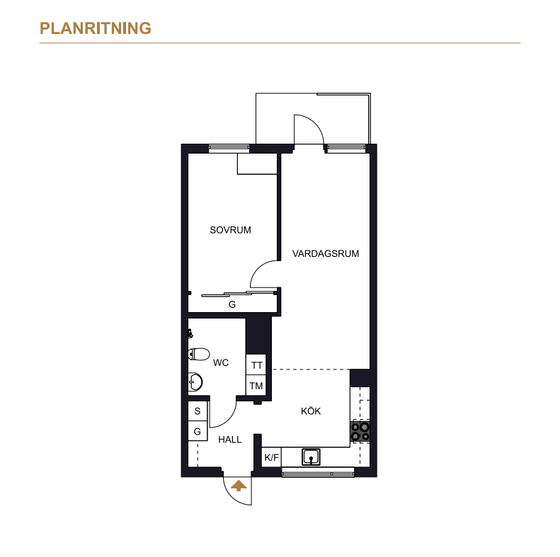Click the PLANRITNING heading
(96, 28)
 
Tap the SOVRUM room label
(230, 230)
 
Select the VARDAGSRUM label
(326, 253)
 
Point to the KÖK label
(311, 410)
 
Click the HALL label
(229, 440)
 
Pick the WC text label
(221, 363)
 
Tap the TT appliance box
(256, 365)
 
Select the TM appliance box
(256, 385)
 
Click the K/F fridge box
(271, 457)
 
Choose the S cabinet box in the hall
(198, 411)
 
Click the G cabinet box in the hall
(198, 431)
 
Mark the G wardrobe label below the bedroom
(232, 304)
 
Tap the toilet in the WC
(199, 354)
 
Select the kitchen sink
(311, 457)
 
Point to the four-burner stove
(360, 431)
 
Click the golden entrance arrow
(239, 486)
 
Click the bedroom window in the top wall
(229, 147)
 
